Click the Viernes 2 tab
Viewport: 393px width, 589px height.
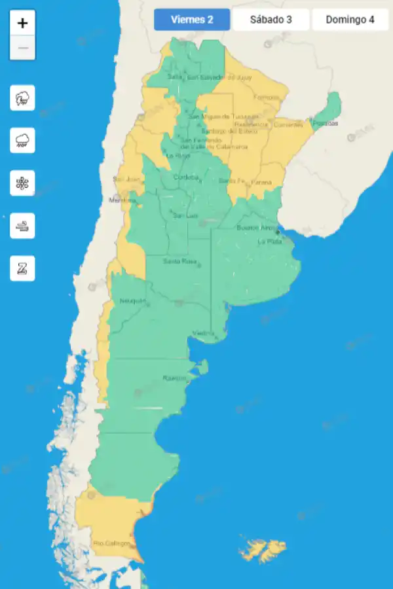pos(192,20)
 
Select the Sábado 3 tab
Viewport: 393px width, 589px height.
pos(271,20)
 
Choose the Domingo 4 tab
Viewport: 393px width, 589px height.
pos(350,20)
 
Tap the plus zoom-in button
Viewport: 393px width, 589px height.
pos(22,24)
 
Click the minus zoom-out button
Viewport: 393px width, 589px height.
pos(22,48)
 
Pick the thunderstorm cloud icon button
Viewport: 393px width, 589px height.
pos(22,98)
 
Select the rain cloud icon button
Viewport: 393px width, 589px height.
pos(22,140)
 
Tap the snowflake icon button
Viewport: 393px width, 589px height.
pos(22,183)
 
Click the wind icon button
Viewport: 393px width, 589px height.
pos(22,226)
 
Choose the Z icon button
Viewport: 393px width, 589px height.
pos(22,268)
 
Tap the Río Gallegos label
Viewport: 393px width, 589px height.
pos(109,543)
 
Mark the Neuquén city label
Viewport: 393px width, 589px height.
pos(132,301)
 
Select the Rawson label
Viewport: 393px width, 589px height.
pos(174,378)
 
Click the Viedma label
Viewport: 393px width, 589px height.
pos(203,334)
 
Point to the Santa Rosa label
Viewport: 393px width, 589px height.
pos(180,262)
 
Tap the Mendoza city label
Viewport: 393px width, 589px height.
pos(122,200)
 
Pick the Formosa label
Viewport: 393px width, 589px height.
pos(266,98)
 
